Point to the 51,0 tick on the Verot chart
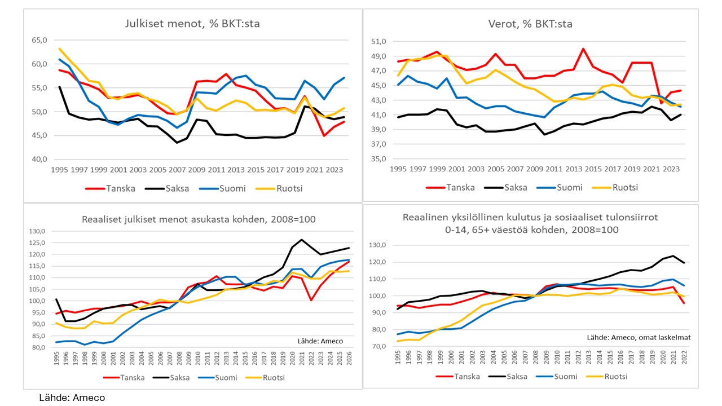click(378, 41)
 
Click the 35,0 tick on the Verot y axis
click(378, 159)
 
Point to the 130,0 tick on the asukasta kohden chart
click(37, 231)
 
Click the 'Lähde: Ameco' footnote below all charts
click(72, 398)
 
